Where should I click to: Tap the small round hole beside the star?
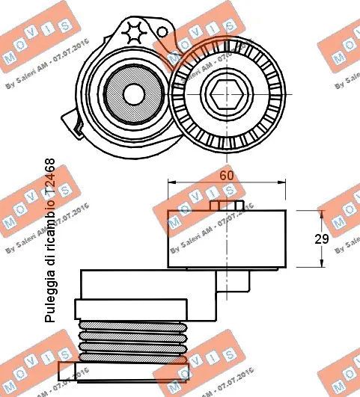pos(160,31)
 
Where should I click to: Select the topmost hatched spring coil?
pos(132,325)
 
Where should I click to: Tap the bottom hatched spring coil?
pos(132,358)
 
